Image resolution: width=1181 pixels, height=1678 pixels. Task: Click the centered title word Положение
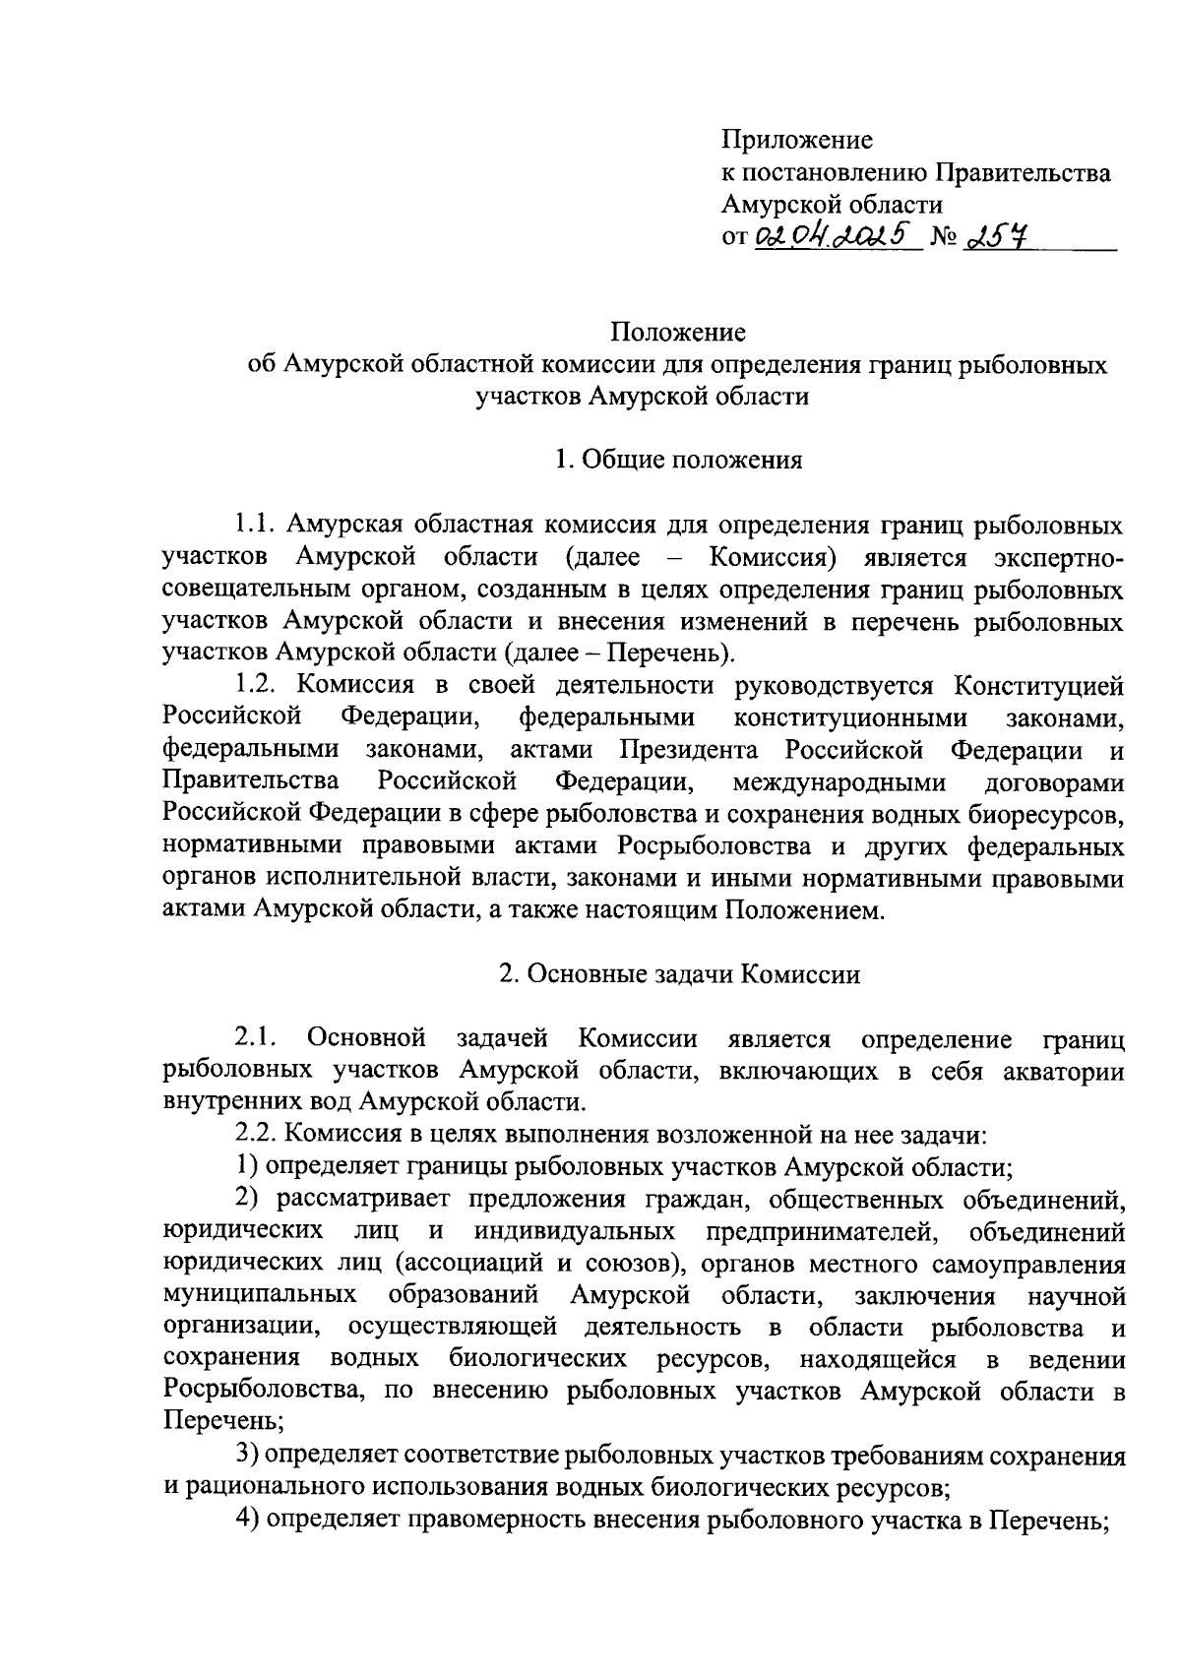pos(677,333)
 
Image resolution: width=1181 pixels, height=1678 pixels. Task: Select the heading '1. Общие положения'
pos(678,460)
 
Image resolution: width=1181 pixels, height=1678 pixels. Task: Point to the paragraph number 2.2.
pos(258,1134)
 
